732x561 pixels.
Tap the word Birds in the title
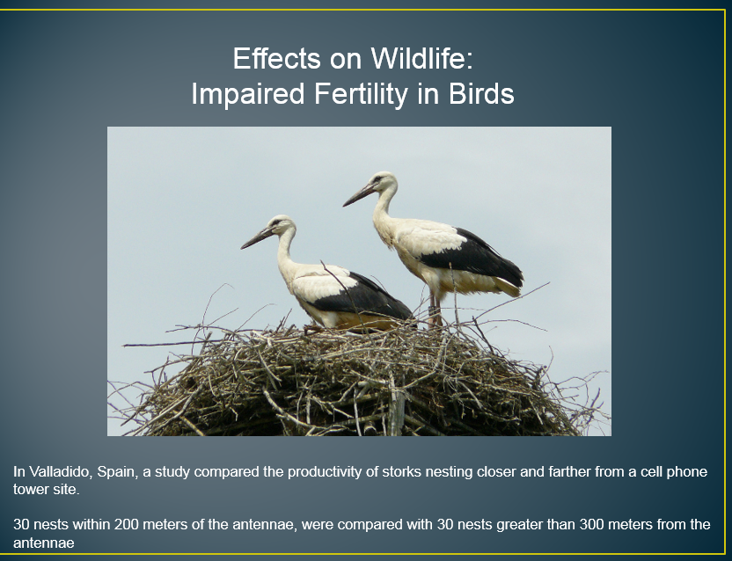(481, 93)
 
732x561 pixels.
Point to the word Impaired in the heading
(248, 94)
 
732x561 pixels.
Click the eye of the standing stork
(377, 179)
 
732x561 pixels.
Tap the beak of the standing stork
(360, 194)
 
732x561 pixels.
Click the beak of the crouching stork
(257, 237)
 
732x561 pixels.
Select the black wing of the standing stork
(472, 256)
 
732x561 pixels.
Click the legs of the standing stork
(436, 309)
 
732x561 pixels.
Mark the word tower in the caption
(30, 490)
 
